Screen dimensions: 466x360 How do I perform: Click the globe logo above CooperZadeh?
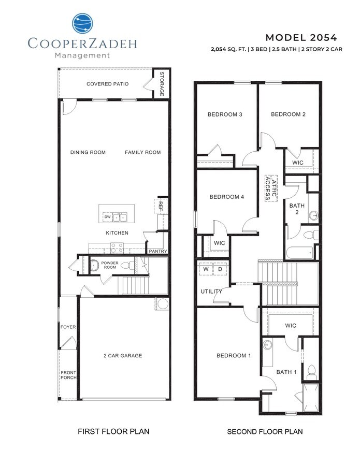[83, 24]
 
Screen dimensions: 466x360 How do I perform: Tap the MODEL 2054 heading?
[301, 37]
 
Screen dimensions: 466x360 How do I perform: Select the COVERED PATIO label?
[108, 84]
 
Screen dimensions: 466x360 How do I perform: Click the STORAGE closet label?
[162, 84]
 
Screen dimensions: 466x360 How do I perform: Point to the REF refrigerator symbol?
[160, 206]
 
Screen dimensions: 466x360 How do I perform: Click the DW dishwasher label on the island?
[108, 216]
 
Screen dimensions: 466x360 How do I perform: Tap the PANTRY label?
[157, 251]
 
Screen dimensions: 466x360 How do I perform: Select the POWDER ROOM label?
[110, 265]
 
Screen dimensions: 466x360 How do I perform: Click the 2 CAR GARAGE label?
[122, 356]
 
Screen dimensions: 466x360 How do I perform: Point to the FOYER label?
[68, 327]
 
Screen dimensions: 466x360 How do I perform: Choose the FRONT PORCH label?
[68, 375]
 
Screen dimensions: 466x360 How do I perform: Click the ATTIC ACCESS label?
[271, 188]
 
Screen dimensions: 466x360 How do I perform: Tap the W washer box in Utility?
[206, 269]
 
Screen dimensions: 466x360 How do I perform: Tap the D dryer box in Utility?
[219, 269]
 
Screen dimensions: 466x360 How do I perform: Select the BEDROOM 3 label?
[225, 114]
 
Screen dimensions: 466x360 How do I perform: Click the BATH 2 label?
[297, 209]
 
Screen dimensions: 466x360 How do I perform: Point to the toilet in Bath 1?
[311, 371]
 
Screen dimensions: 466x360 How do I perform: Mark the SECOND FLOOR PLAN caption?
[265, 431]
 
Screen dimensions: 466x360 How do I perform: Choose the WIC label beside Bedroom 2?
[298, 163]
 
